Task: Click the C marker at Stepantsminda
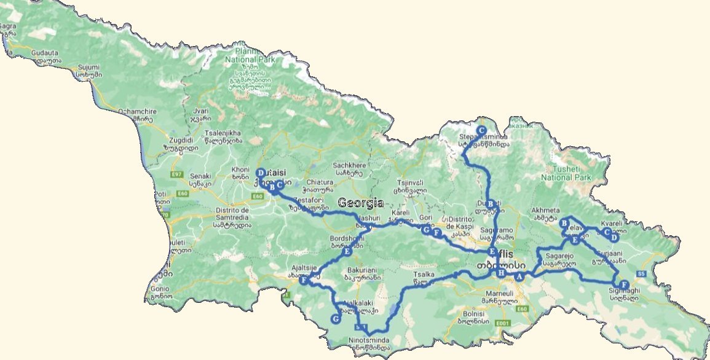coord(481,130)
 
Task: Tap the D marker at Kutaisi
coord(260,173)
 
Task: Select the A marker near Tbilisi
coord(519,276)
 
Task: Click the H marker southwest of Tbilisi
coord(502,273)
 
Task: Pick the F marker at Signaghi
coord(625,284)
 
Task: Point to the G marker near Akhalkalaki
coord(335,319)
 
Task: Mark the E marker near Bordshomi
coord(347,252)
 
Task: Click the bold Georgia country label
coord(360,203)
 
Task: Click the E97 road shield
coord(178,175)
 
